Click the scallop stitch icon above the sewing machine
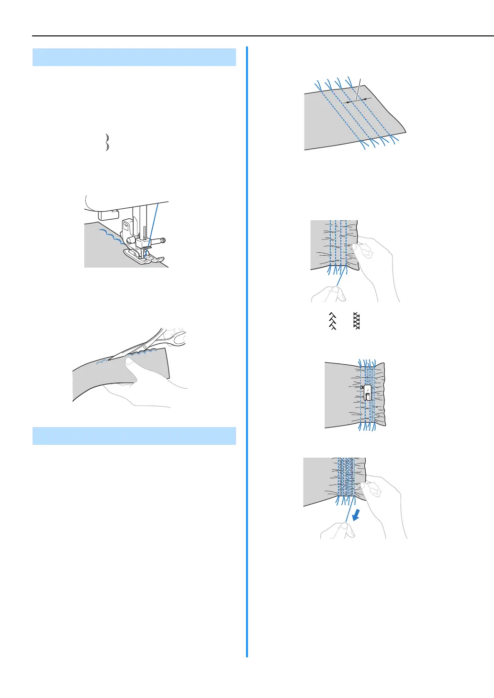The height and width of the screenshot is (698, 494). (107, 143)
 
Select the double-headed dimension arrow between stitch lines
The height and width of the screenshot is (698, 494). (359, 100)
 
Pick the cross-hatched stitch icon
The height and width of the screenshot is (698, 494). (356, 321)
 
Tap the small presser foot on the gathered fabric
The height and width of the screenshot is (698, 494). (367, 393)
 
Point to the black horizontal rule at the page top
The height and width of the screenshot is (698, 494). (263, 36)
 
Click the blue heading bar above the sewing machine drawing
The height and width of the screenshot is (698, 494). (134, 57)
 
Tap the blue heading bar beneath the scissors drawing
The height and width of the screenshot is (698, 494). (134, 436)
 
